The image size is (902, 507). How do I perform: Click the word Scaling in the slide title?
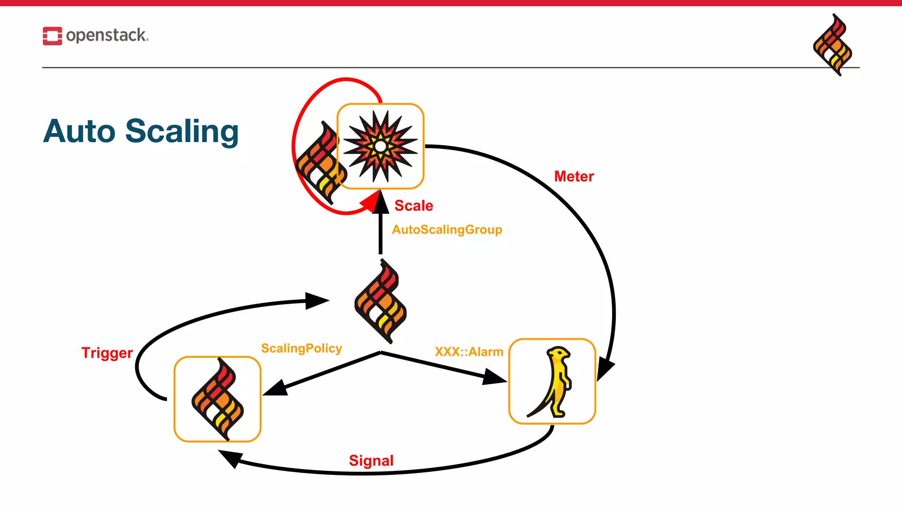(182, 132)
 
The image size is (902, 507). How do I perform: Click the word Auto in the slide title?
(79, 132)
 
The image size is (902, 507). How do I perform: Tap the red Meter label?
(574, 176)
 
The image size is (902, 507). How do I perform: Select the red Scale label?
(414, 206)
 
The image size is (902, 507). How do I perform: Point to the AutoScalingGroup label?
(447, 230)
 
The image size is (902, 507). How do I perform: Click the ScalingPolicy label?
(301, 349)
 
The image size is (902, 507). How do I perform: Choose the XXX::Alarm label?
(469, 352)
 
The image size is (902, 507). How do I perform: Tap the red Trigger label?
(107, 353)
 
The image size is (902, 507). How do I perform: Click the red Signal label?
(371, 461)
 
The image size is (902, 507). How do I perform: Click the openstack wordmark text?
(107, 35)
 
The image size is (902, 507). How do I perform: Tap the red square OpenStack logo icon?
(52, 36)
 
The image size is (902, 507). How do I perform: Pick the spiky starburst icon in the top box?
(381, 146)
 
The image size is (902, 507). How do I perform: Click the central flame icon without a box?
(381, 301)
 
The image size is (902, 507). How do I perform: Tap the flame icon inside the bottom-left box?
(218, 399)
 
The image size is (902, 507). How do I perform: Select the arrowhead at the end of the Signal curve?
(230, 458)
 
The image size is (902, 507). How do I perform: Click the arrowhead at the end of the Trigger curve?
(317, 301)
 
